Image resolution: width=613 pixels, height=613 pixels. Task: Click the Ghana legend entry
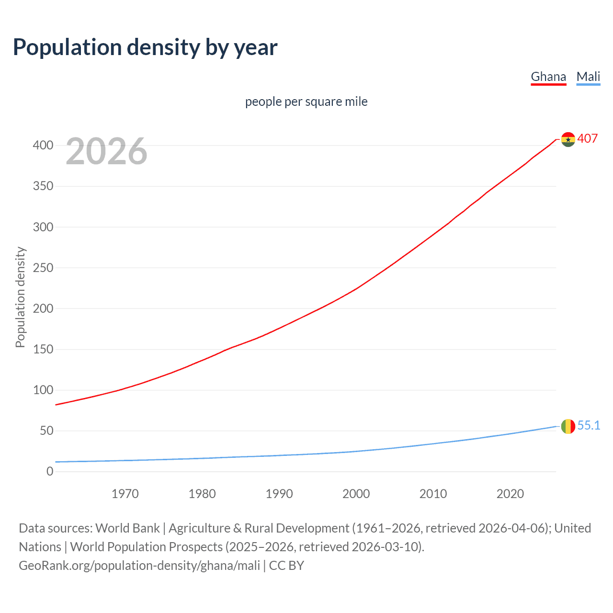coord(548,77)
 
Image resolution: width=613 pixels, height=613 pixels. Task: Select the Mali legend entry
coord(588,77)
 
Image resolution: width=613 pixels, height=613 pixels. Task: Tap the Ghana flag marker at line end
coord(568,139)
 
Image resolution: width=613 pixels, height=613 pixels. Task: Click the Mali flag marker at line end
coord(568,426)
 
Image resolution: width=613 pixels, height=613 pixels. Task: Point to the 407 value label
coord(588,138)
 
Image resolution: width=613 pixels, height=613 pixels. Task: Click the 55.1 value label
coord(589,425)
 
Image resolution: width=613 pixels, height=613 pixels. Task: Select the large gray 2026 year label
coord(106,151)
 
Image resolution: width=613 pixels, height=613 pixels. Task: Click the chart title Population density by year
coord(145,47)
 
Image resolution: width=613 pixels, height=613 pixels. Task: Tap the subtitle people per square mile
coord(306,102)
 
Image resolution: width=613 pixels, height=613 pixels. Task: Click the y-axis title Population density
coord(20,297)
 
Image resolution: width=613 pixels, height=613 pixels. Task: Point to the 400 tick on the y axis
coord(43,145)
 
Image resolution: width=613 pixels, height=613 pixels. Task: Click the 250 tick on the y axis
coord(43,268)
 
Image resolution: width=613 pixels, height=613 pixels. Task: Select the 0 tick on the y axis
coord(50,471)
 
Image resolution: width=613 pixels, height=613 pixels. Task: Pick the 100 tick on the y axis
coord(43,390)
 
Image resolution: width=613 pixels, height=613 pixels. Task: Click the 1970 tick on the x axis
coord(125,494)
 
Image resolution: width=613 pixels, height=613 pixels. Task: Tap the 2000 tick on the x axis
coord(356,494)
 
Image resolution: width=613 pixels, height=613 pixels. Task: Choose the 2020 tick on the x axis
coord(510,494)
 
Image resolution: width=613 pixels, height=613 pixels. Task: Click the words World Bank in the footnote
coord(127,528)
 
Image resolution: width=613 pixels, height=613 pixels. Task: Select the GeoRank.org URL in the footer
coord(139,566)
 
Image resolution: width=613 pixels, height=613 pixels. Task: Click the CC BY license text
coord(286,566)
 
